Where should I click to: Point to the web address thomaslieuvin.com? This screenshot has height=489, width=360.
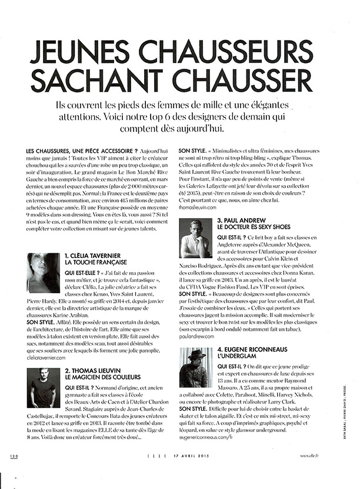click(200, 208)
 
